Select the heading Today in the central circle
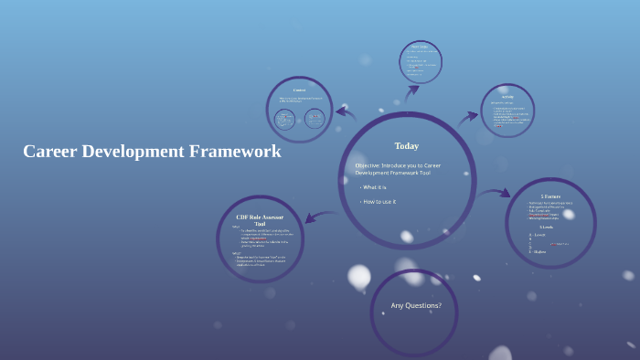[x=407, y=146]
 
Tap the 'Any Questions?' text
[x=416, y=305]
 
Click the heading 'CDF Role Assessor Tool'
[x=260, y=219]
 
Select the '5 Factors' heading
[x=551, y=196]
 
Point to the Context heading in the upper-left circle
[x=299, y=90]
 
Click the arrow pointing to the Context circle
[x=346, y=112]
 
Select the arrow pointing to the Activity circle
[x=468, y=117]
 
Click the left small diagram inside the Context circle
[x=285, y=118]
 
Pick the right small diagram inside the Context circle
[x=314, y=118]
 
